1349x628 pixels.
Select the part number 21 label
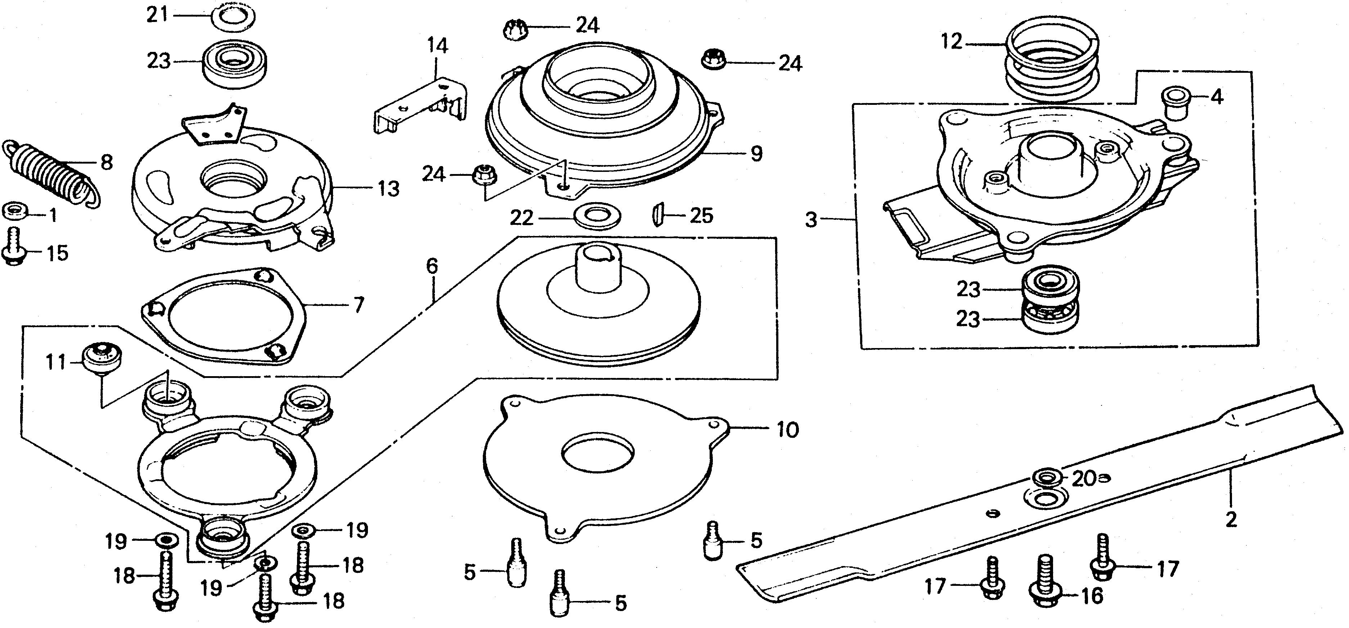157,15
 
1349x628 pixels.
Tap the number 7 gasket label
358,304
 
